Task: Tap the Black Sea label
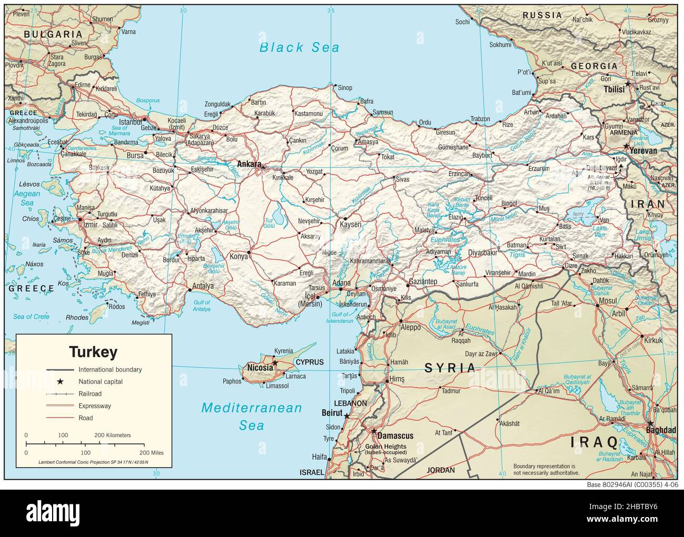click(x=299, y=47)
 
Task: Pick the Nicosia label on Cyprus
click(x=260, y=367)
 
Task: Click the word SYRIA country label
click(x=450, y=368)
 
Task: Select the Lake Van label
click(x=599, y=228)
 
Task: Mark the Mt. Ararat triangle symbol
click(x=621, y=166)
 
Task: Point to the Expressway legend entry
click(x=95, y=406)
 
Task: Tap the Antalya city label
click(x=203, y=286)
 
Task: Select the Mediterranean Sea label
click(x=253, y=416)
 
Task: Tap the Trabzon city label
click(x=480, y=119)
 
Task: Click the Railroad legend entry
click(x=90, y=393)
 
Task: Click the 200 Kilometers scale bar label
click(x=112, y=435)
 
